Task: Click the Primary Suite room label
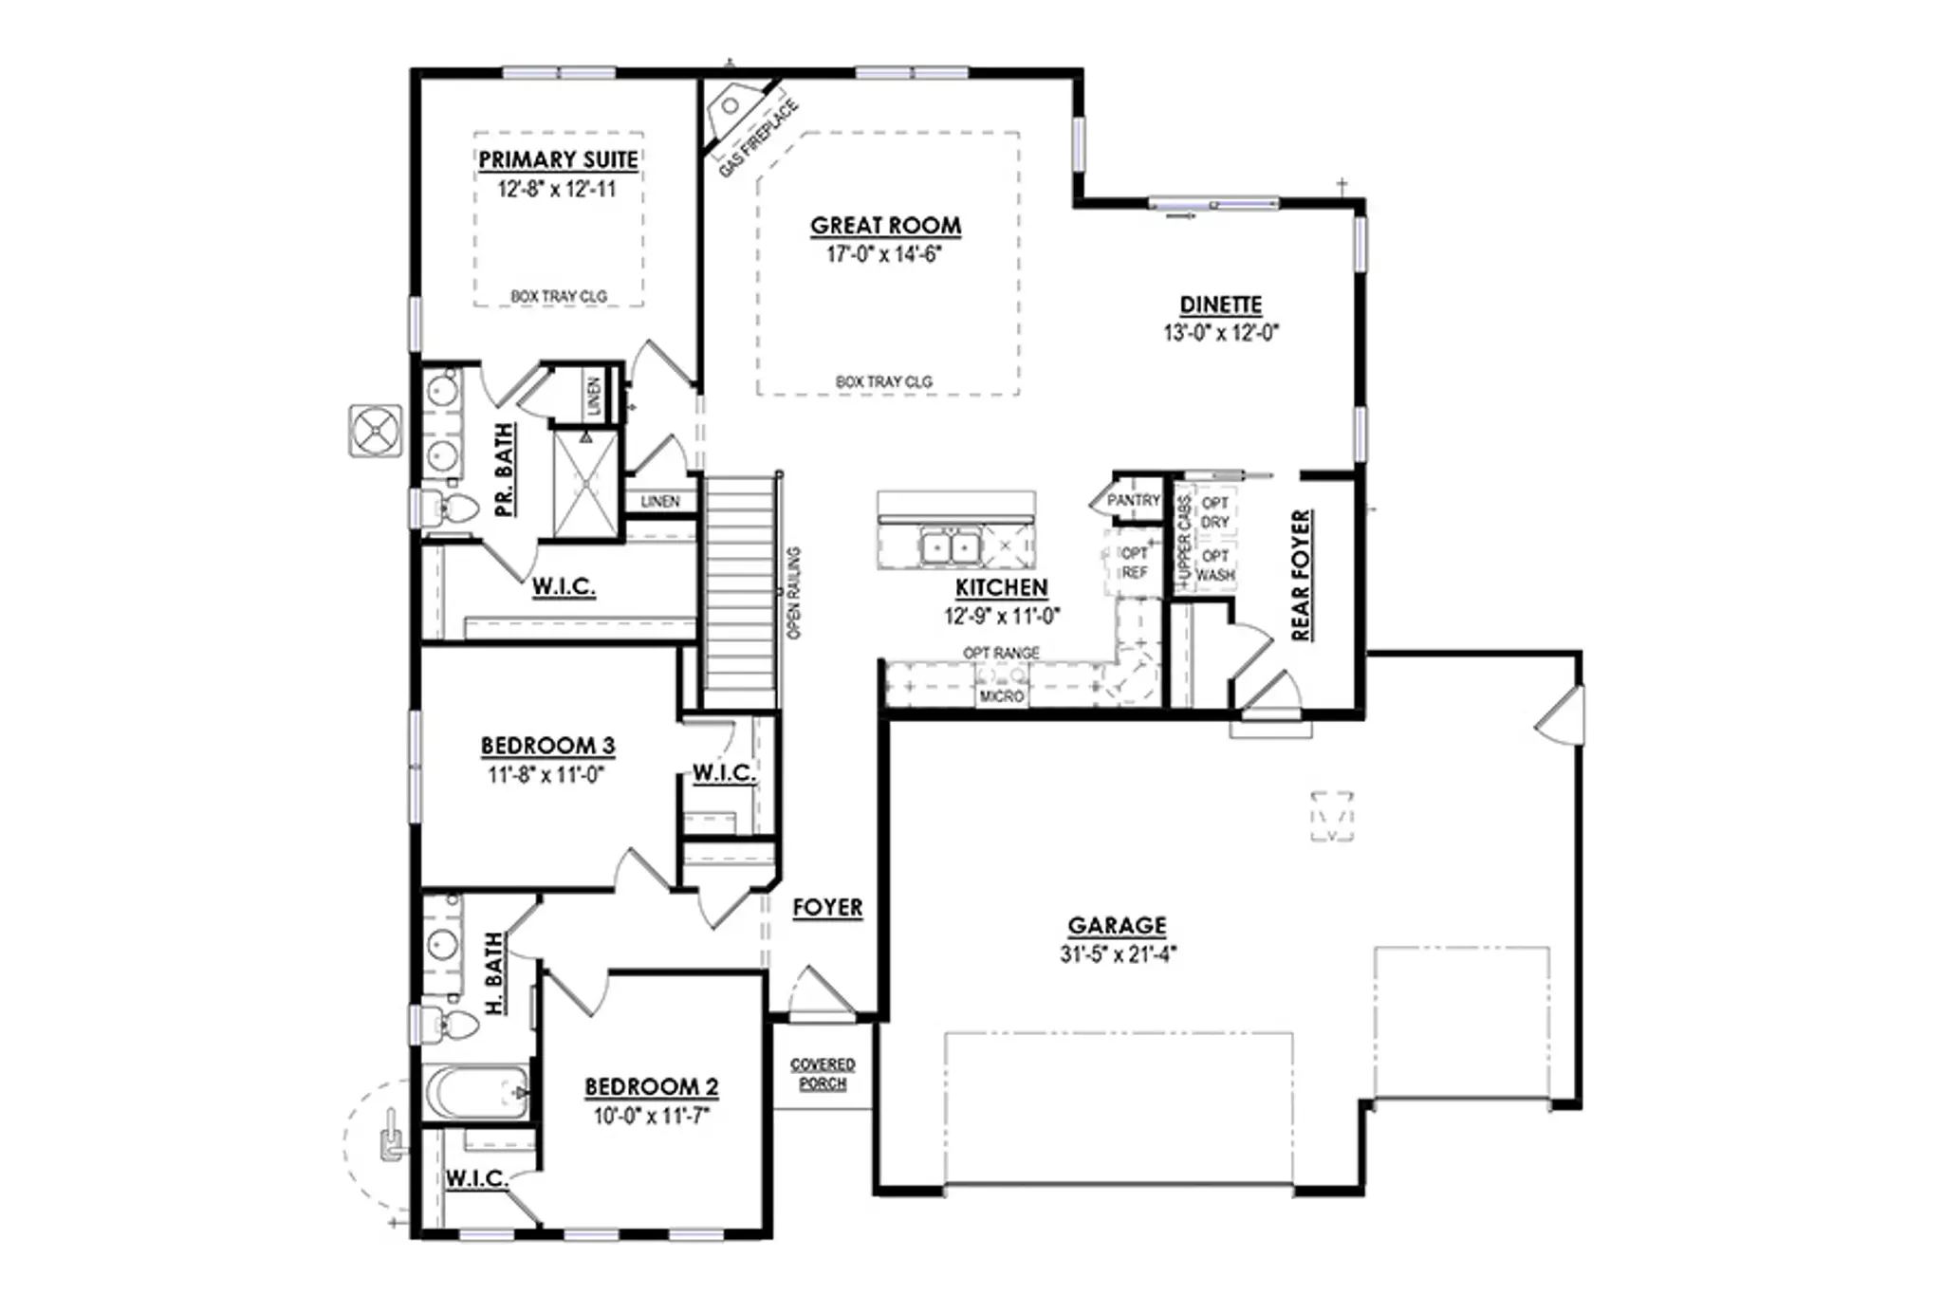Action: [558, 159]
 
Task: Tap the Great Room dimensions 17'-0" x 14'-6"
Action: [884, 254]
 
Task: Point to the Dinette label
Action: [1221, 305]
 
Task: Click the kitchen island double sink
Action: [950, 547]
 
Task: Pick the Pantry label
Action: [1134, 500]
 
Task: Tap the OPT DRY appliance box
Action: [1214, 512]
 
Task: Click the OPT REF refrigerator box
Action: [1134, 563]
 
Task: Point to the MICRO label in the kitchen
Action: [1002, 696]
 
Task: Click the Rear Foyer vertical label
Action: [1301, 575]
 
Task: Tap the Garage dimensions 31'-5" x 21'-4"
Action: [1118, 954]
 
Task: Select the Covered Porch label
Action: [823, 1074]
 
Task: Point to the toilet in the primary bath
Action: [448, 509]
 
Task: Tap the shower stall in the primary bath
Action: [585, 484]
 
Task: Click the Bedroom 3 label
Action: [547, 746]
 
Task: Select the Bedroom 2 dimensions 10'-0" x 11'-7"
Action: [652, 1116]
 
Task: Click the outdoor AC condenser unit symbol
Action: [376, 431]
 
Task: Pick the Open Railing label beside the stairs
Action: [794, 593]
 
